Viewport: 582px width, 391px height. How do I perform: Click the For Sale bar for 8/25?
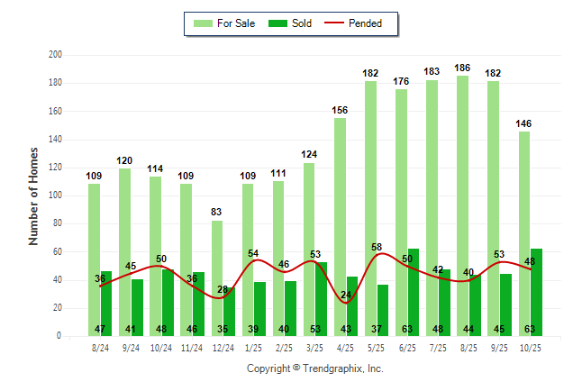[462, 180]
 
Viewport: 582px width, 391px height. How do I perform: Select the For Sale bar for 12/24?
[216, 261]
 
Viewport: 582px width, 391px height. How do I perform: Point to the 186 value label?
[463, 68]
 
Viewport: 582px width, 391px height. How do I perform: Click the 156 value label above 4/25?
[340, 110]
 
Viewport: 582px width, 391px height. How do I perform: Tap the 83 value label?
[217, 212]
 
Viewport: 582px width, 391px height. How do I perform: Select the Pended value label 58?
[376, 247]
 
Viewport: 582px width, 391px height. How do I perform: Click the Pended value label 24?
[345, 296]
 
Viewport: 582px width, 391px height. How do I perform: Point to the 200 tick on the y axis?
[55, 55]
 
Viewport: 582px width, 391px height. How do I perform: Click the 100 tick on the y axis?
[55, 195]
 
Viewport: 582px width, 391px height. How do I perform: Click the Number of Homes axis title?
[34, 195]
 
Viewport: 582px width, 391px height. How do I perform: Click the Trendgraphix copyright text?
[314, 368]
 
